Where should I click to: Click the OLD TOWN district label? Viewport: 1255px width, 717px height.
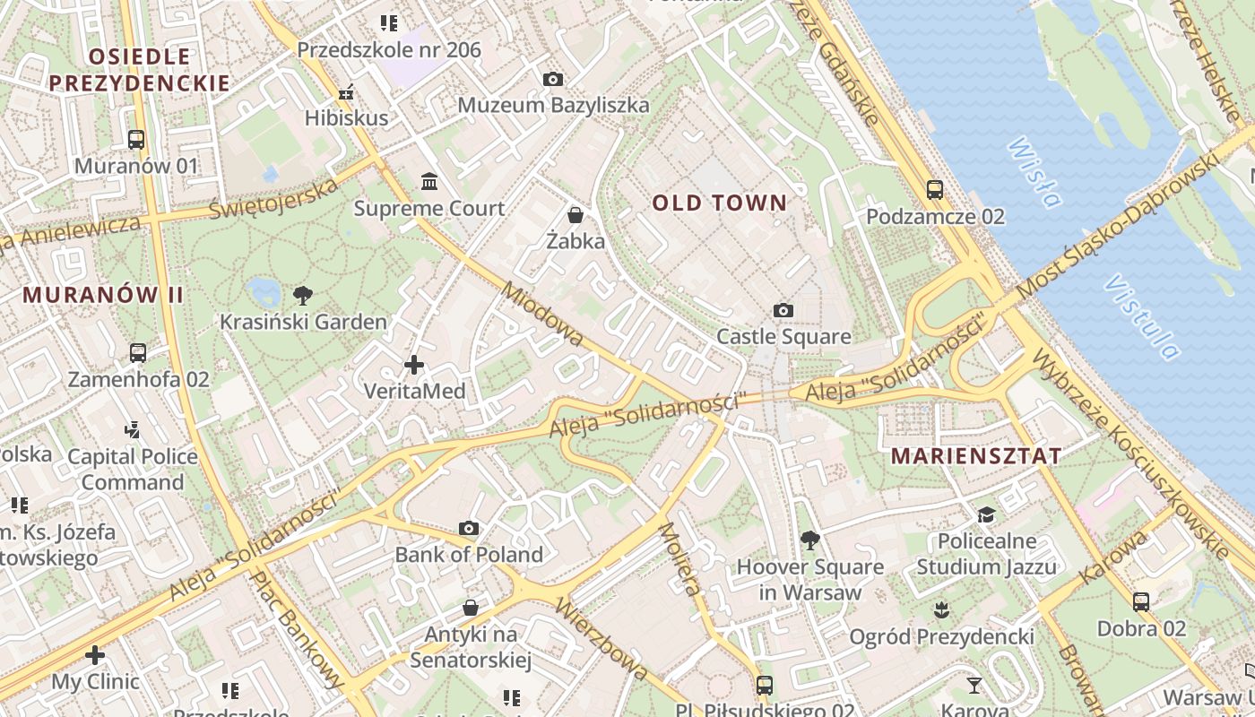719,203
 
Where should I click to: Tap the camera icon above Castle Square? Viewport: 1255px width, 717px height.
783,310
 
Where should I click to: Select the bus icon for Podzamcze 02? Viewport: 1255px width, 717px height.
935,189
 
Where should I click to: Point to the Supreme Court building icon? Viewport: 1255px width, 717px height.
429,182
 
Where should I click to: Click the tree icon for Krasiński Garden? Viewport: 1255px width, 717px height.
303,294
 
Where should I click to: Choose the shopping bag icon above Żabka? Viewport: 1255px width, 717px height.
576,215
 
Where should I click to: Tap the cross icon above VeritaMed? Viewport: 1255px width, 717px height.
414,365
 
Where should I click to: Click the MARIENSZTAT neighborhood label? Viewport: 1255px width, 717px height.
976,455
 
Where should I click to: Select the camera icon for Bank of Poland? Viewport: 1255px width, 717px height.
469,528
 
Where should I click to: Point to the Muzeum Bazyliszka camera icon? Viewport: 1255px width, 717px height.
553,79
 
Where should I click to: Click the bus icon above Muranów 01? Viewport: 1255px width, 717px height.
136,139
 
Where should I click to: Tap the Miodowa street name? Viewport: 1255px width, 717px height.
542,315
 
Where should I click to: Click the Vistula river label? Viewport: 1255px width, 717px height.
1141,317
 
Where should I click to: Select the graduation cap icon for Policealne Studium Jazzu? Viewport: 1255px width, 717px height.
986,514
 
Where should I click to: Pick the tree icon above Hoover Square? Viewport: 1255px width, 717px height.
810,540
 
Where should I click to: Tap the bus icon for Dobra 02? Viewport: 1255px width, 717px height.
1141,601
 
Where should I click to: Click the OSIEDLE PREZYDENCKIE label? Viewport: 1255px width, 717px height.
139,70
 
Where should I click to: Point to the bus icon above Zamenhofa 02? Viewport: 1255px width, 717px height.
138,352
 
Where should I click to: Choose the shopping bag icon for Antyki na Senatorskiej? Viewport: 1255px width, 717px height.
471,608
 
